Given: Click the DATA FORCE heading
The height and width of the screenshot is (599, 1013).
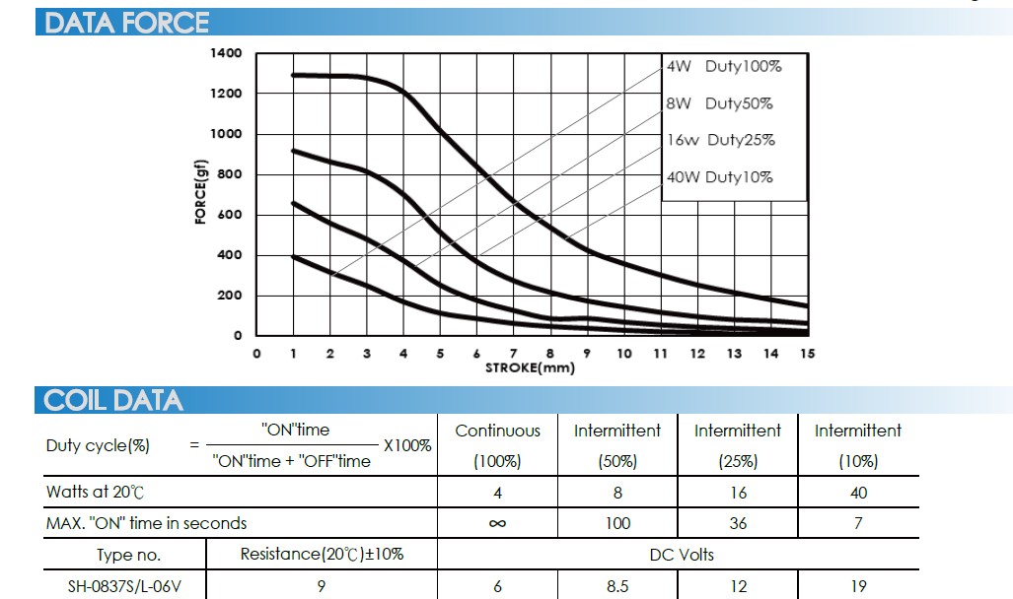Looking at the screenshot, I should (x=127, y=22).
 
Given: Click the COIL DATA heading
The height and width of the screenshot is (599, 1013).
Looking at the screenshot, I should (x=113, y=400).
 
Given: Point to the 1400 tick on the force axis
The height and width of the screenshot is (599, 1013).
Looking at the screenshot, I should (x=226, y=52).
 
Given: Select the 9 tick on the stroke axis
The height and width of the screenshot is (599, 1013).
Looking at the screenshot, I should (x=587, y=354).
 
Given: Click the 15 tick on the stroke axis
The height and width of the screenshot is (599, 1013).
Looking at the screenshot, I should (x=807, y=354).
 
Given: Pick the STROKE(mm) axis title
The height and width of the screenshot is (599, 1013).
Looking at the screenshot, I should (x=529, y=367).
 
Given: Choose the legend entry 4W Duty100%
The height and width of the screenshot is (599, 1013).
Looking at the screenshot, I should (x=724, y=66).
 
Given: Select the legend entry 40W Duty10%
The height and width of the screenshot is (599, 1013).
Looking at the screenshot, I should (x=720, y=177).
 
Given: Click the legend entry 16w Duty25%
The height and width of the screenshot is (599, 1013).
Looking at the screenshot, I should (x=721, y=140).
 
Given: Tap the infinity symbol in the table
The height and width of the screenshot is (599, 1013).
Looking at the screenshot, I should (x=497, y=523).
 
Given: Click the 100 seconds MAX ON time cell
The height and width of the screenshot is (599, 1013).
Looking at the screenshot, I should (x=617, y=523).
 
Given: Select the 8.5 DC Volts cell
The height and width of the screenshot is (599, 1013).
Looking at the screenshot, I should (x=617, y=586).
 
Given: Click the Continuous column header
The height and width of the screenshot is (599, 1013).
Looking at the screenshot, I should (x=497, y=431).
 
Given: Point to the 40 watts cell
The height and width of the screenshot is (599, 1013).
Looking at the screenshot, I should (x=858, y=493).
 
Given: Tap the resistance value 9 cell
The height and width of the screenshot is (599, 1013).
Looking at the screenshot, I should (x=322, y=586).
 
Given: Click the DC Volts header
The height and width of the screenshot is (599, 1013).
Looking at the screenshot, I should (x=681, y=555).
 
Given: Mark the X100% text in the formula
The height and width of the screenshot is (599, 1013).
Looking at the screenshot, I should (x=407, y=445).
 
